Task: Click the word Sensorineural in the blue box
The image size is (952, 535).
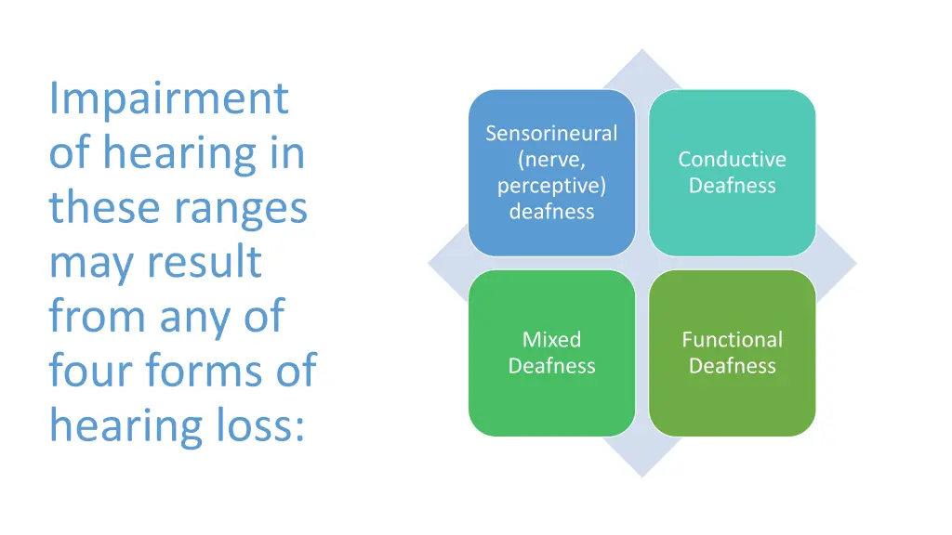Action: tap(551, 134)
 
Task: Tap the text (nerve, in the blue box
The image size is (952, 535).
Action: tap(551, 160)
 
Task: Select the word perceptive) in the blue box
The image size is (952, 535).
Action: tap(551, 186)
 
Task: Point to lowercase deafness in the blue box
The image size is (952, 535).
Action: tap(551, 212)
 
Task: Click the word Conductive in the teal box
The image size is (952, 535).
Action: tap(732, 160)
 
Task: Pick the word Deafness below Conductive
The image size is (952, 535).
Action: tap(732, 186)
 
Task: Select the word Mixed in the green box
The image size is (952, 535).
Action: tap(551, 340)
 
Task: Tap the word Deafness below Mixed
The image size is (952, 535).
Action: tap(551, 366)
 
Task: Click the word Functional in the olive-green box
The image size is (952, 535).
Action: tap(732, 340)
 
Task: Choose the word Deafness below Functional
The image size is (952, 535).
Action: tap(732, 366)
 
